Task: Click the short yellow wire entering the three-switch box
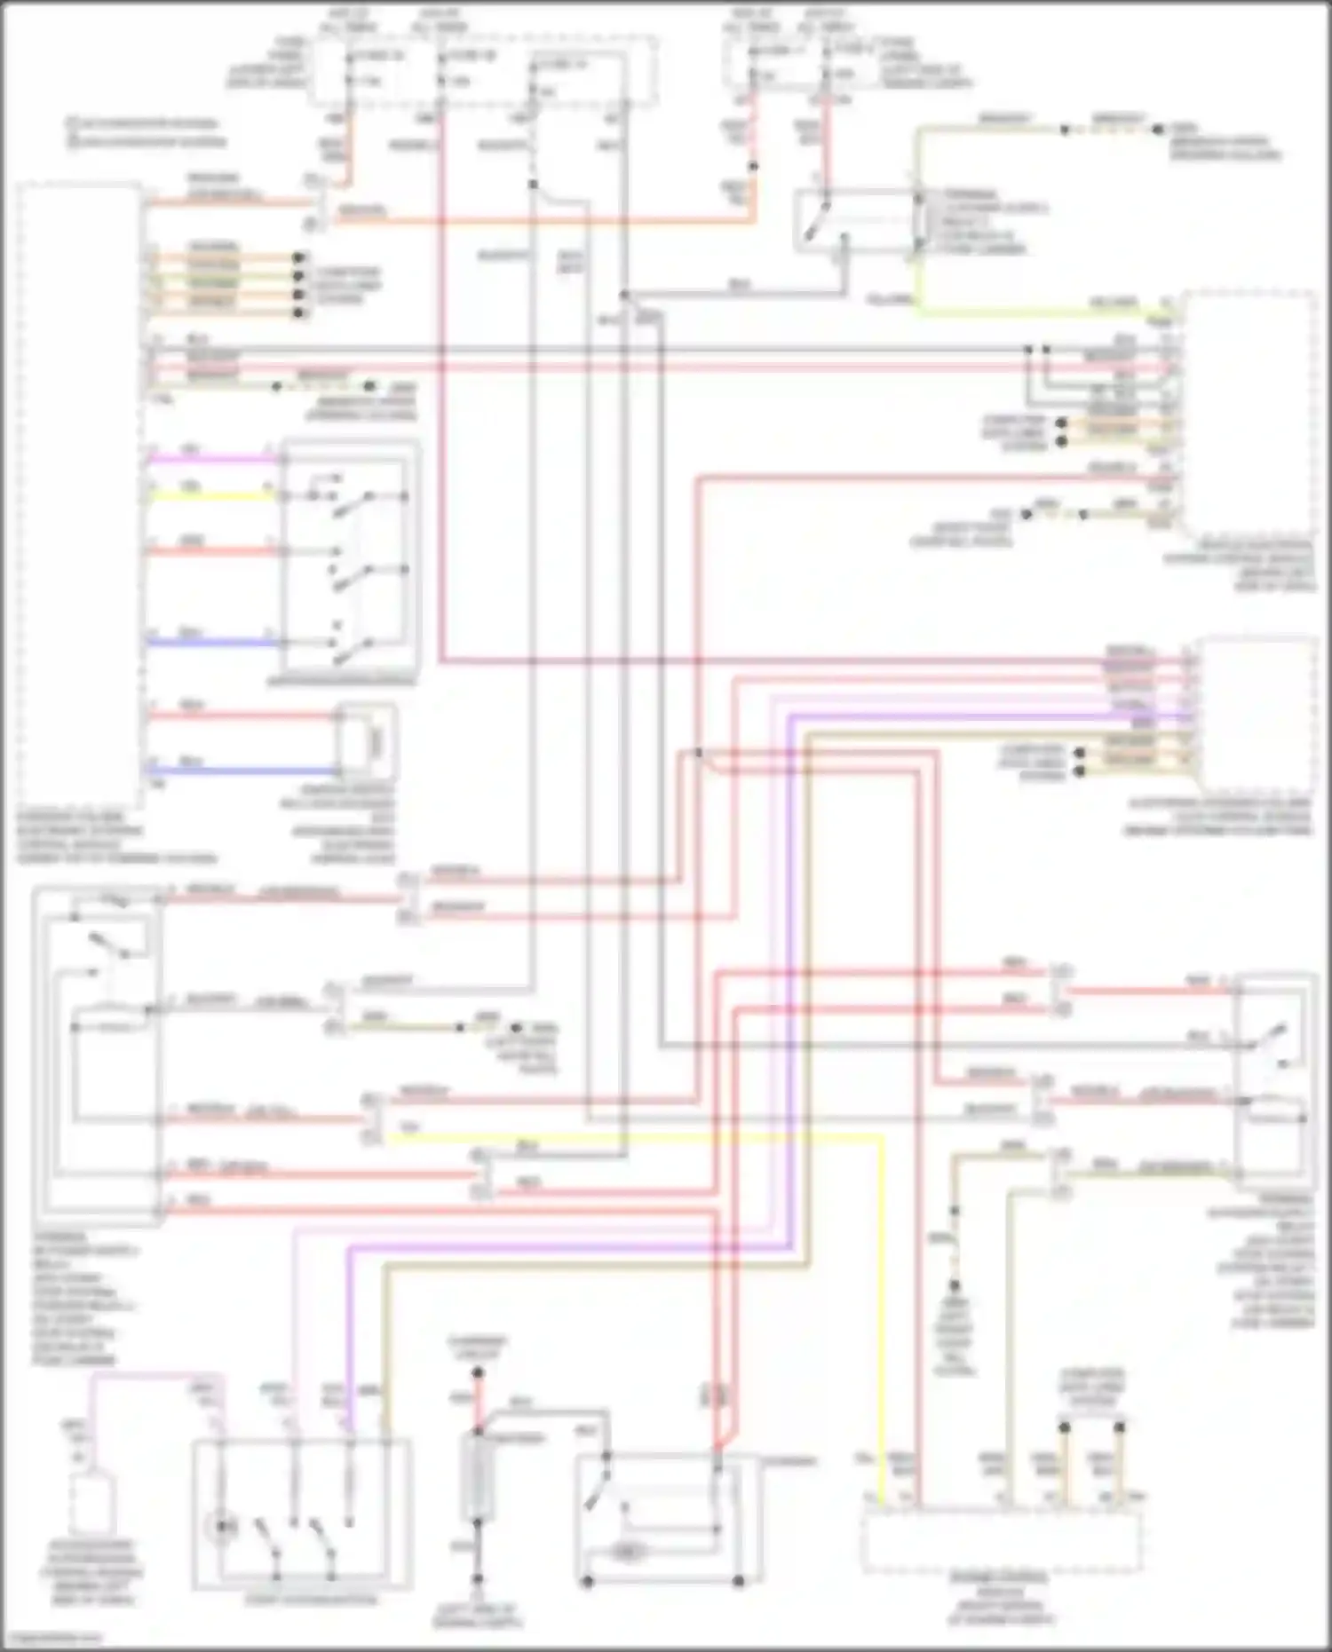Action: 213,495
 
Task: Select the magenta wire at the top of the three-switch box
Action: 213,460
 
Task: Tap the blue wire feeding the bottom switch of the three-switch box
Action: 213,642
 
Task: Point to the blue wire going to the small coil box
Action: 240,771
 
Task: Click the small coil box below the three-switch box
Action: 366,741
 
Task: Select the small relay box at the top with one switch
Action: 852,220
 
